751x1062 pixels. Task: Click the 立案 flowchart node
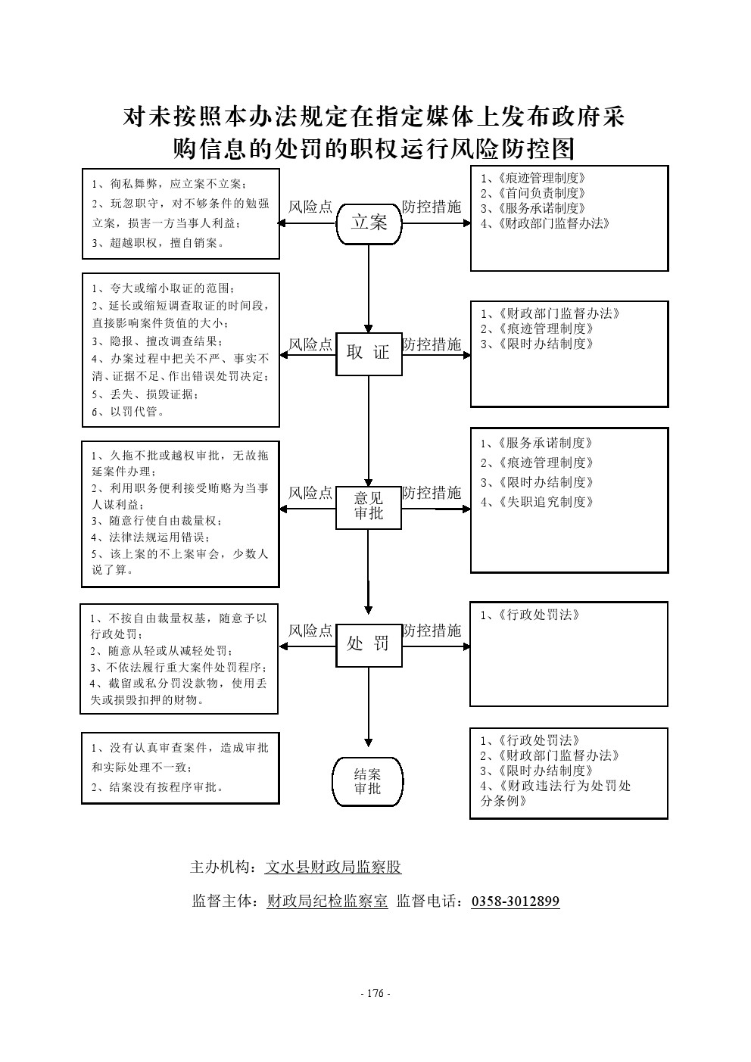(x=369, y=223)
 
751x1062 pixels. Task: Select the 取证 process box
(x=369, y=353)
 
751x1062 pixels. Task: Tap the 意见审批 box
(x=369, y=506)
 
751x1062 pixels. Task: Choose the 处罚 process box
(x=369, y=644)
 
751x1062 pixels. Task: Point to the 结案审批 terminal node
(x=368, y=782)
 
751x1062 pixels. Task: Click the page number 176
(x=375, y=994)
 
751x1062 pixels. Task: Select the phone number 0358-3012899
(x=516, y=902)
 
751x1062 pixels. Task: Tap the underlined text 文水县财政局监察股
(x=333, y=867)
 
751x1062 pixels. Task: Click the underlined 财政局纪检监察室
(x=327, y=902)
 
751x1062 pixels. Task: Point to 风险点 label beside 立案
(x=310, y=207)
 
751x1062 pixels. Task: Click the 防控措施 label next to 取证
(x=432, y=345)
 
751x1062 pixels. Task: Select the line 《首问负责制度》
(x=534, y=194)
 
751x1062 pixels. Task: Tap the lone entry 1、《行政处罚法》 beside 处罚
(x=531, y=615)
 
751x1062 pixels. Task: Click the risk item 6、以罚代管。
(x=128, y=413)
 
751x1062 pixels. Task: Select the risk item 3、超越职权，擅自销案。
(x=158, y=243)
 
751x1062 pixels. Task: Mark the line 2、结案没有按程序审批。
(x=158, y=787)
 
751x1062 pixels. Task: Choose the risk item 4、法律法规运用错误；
(x=151, y=537)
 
